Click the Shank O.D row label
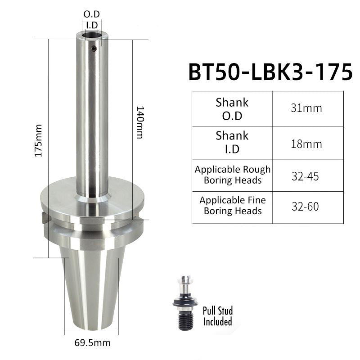232,109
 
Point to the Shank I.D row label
232,142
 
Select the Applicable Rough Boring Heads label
233,175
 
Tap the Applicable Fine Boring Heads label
233,206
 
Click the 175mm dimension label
38,141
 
